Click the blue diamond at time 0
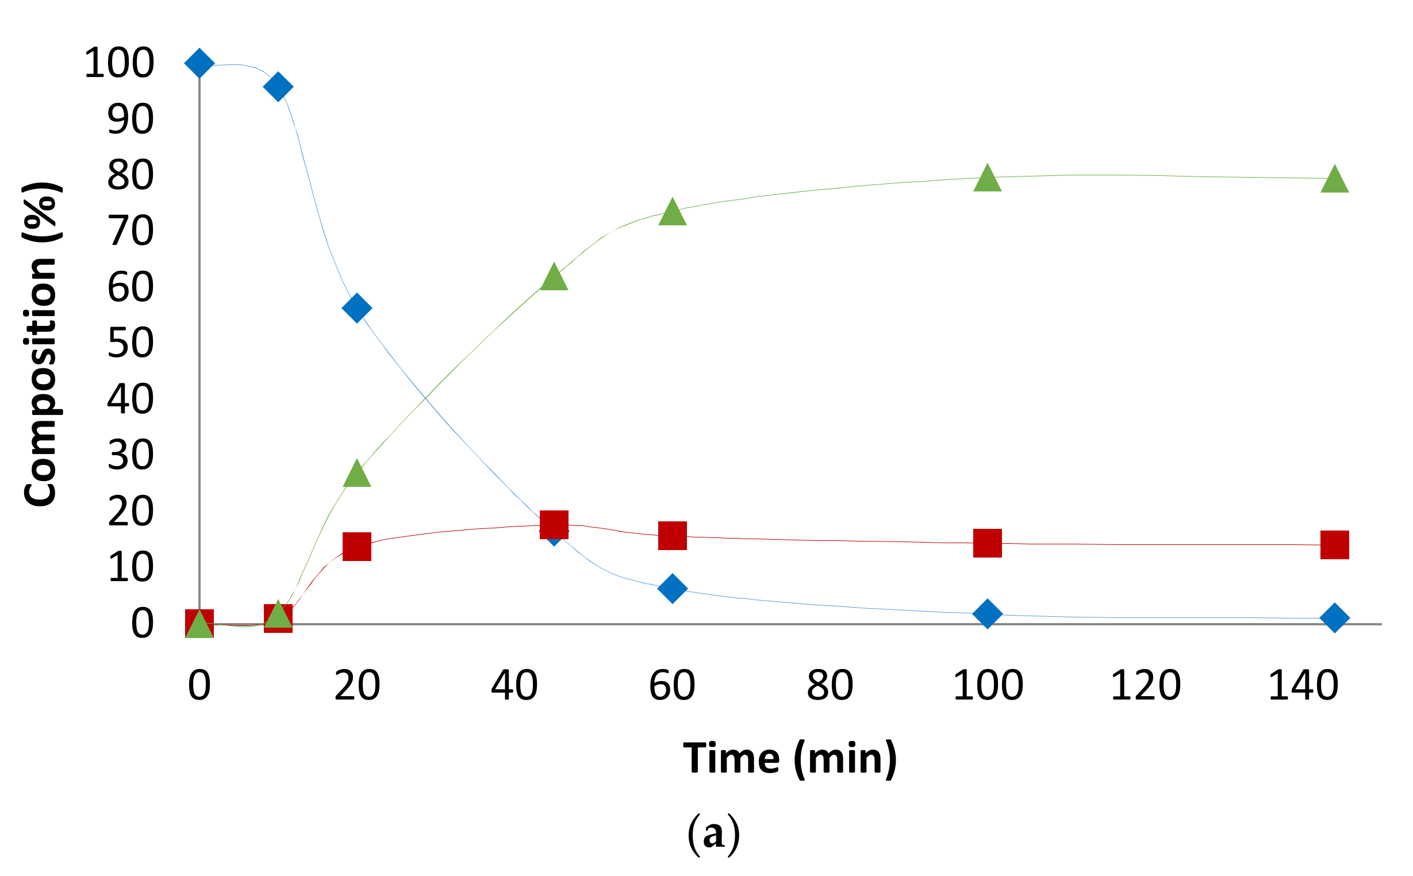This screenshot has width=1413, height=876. point(199,63)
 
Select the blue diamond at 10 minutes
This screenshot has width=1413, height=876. point(278,87)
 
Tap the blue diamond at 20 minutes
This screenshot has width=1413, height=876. point(357,308)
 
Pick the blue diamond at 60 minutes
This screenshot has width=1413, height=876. point(673,589)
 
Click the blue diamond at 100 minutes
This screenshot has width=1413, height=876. point(988,613)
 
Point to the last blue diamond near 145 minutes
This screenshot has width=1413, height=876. point(1335,618)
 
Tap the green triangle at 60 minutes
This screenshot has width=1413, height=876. point(673,213)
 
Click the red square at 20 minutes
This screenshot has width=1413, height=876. point(357,547)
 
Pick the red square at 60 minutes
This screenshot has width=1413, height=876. point(673,535)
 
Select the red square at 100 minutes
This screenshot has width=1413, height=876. point(988,543)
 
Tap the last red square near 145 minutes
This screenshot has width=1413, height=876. point(1335,544)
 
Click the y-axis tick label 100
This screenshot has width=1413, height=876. point(120,63)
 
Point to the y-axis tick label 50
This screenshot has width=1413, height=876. point(131,343)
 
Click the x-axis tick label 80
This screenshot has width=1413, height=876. point(830,685)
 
